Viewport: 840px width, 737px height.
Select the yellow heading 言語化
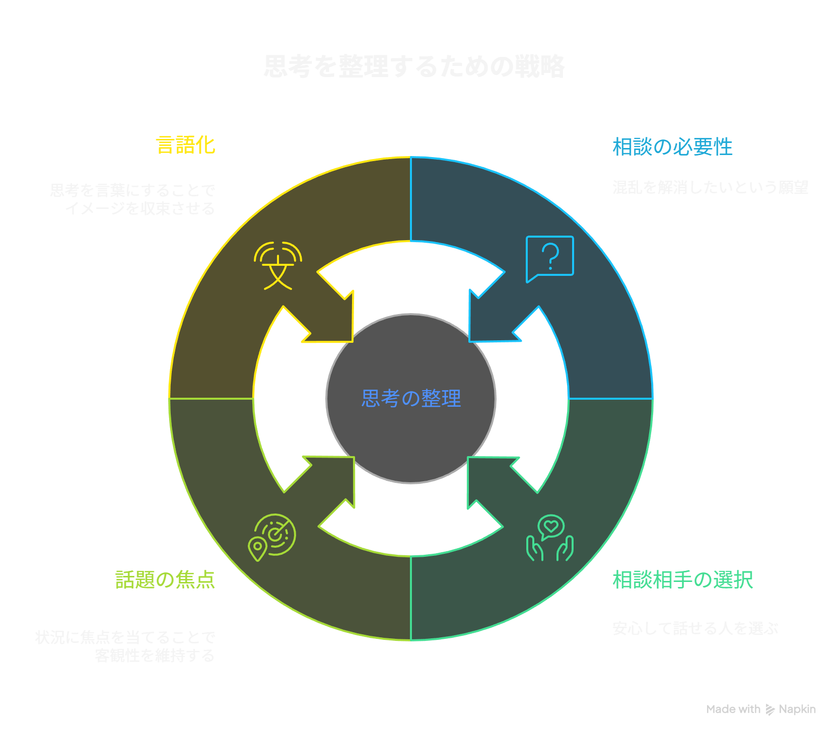point(186,145)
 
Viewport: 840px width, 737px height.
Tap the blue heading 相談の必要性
point(672,147)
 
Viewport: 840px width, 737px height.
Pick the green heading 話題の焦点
point(165,579)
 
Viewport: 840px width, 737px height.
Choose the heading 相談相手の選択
point(682,580)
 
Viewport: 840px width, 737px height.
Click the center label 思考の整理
point(411,398)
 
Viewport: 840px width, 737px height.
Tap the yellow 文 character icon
point(277,266)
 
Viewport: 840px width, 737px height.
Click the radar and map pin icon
point(272,537)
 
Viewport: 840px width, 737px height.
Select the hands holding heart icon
point(549,538)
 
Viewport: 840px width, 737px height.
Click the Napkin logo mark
point(770,709)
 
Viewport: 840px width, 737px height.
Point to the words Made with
point(733,709)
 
